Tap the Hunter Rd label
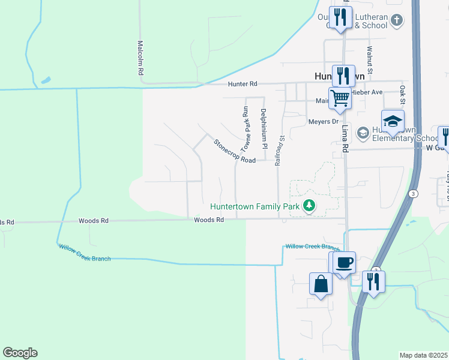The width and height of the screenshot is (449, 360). [242, 85]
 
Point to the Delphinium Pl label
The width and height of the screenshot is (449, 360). [263, 128]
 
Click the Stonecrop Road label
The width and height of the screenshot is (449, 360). [234, 151]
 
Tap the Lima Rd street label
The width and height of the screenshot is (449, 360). [345, 139]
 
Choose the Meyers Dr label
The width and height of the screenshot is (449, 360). [319, 122]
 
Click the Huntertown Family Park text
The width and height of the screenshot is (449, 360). [255, 206]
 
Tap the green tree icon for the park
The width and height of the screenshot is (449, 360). [309, 206]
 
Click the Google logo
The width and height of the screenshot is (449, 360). [20, 353]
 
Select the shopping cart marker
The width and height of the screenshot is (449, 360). [340, 97]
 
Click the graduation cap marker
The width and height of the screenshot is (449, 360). [392, 121]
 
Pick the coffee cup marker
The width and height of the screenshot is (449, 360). [345, 263]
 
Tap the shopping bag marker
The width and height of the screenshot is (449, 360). [321, 283]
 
